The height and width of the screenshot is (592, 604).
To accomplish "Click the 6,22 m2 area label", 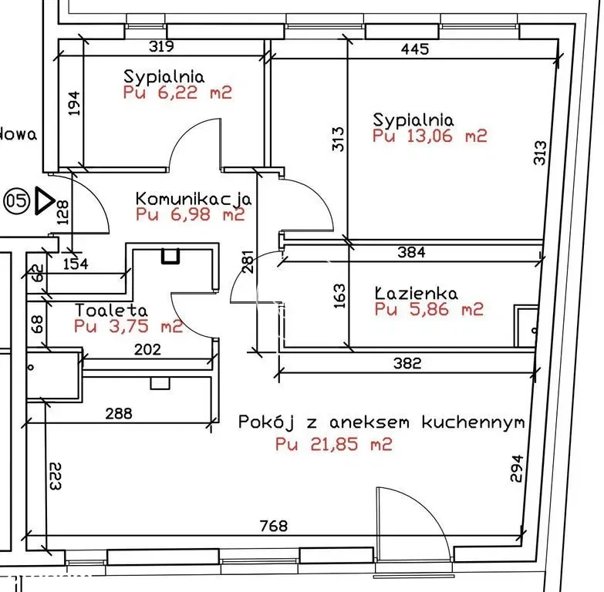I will pyautogui.click(x=177, y=93).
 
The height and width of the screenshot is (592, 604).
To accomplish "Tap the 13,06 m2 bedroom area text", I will pyautogui.click(x=430, y=136).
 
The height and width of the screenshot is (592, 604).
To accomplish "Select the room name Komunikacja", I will pyautogui.click(x=194, y=198).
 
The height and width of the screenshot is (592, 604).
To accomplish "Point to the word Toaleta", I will pyautogui.click(x=111, y=310).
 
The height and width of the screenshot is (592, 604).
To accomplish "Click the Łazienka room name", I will pyautogui.click(x=416, y=294).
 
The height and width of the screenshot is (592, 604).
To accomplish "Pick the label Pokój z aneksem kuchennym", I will pyautogui.click(x=381, y=422).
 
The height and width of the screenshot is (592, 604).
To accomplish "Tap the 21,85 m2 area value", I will pyautogui.click(x=333, y=444).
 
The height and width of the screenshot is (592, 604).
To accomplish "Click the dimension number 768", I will pyautogui.click(x=273, y=526).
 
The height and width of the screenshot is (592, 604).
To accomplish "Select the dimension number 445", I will pyautogui.click(x=415, y=49).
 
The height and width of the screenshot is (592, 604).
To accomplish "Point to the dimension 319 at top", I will pyautogui.click(x=160, y=46).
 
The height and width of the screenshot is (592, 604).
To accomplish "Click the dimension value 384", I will pyautogui.click(x=410, y=251).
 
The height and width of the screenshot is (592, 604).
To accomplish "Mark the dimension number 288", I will pyautogui.click(x=118, y=414).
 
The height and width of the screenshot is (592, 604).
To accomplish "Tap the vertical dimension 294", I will pyautogui.click(x=516, y=468).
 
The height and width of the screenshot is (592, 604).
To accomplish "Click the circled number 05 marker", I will pyautogui.click(x=16, y=202).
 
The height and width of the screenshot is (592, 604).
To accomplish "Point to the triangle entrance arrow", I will pyautogui.click(x=45, y=202).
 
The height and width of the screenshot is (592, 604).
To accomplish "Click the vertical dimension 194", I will pyautogui.click(x=74, y=103).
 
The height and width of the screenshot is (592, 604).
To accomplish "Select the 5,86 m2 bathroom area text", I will pyautogui.click(x=429, y=310).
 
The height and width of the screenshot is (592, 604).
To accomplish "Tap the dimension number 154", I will pyautogui.click(x=75, y=264).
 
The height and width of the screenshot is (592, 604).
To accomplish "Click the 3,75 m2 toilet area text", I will pyautogui.click(x=128, y=326).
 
